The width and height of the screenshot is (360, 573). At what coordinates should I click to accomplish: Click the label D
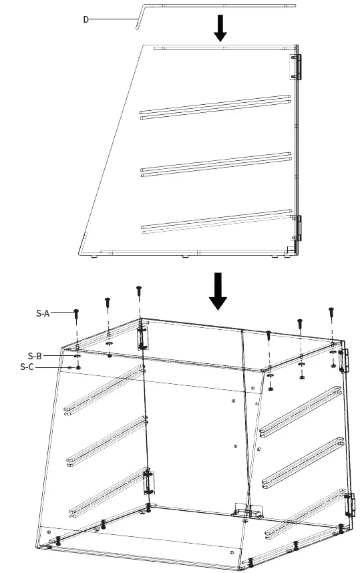[x=85, y=19]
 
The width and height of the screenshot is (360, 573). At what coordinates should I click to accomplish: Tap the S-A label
[x=43, y=312]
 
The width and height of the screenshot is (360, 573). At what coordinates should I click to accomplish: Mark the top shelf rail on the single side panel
[x=215, y=106]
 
